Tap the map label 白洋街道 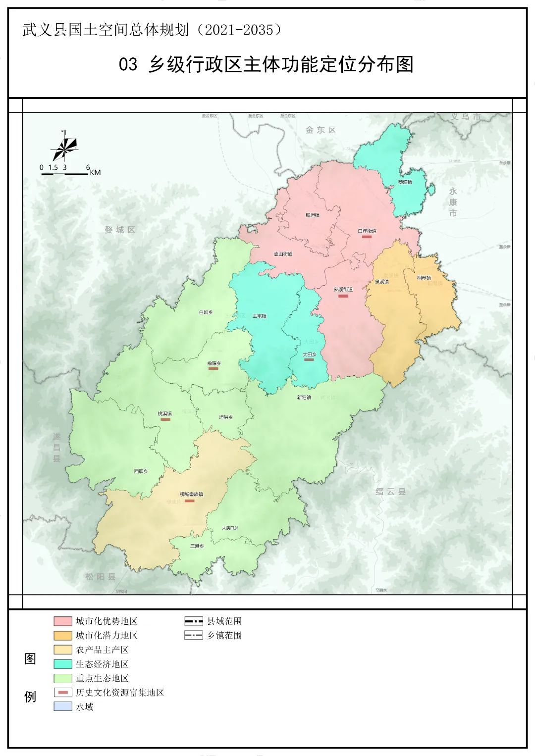(x=367, y=231)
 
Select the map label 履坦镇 (x=312, y=215)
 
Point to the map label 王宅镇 (x=259, y=316)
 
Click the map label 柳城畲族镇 (x=191, y=494)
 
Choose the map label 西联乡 (x=141, y=471)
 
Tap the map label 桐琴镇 (x=424, y=278)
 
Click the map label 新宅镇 (x=304, y=397)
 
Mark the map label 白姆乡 (x=206, y=312)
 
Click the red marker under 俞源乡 (x=214, y=368)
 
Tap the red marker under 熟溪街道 (x=343, y=296)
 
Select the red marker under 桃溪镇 (x=165, y=419)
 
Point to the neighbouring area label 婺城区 (x=120, y=230)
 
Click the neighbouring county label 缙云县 (x=390, y=492)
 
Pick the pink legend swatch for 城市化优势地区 (x=63, y=621)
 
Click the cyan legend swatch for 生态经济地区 (x=63, y=664)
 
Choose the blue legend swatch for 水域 (x=63, y=706)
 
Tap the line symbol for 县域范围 (x=193, y=621)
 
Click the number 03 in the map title (x=128, y=64)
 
